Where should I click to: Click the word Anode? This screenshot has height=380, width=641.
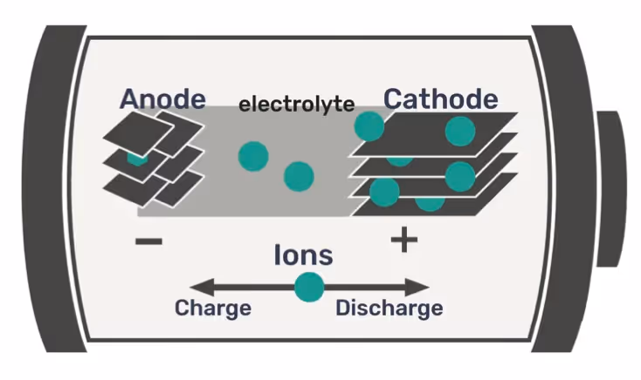pyautogui.click(x=163, y=98)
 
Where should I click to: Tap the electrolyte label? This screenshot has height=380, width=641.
pyautogui.click(x=296, y=105)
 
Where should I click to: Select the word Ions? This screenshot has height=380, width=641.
pyautogui.click(x=303, y=254)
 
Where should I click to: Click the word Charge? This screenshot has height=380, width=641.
pyautogui.click(x=213, y=308)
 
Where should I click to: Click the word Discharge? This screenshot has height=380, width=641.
pyautogui.click(x=389, y=308)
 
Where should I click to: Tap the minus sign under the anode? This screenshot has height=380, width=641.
pyautogui.click(x=148, y=241)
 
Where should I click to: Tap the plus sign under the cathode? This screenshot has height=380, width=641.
pyautogui.click(x=403, y=239)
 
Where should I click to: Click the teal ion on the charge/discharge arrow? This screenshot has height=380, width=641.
pyautogui.click(x=308, y=287)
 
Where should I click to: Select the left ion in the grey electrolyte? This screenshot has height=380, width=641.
pyautogui.click(x=253, y=155)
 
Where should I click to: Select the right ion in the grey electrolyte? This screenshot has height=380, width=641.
pyautogui.click(x=299, y=176)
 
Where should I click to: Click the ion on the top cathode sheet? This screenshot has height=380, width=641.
pyautogui.click(x=459, y=131)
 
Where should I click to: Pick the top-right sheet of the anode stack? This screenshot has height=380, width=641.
pyautogui.click(x=180, y=128)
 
